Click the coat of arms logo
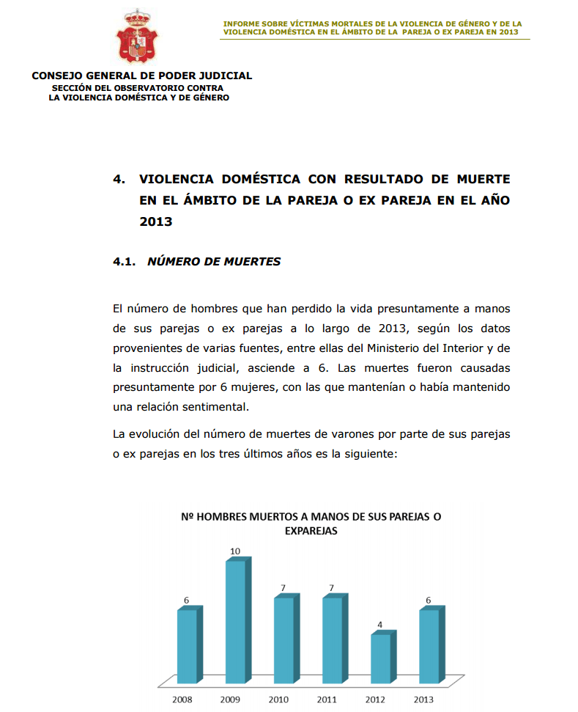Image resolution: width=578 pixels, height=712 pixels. tap(138, 36)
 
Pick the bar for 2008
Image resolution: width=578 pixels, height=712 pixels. tap(188, 646)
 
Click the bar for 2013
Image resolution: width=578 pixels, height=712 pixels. tap(429, 646)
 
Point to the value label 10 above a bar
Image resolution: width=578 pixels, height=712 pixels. tap(235, 551)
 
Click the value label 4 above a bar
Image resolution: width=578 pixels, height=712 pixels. tap(379, 625)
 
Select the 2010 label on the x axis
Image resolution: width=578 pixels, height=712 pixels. tap(278, 700)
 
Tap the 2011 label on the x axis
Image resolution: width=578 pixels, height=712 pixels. tap(327, 700)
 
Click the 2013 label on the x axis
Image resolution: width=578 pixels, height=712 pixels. tap(423, 700)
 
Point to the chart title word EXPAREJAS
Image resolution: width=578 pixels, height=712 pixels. tap(311, 531)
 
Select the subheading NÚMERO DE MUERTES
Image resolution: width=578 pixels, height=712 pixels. tap(214, 262)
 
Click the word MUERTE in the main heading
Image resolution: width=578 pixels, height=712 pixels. tap(479, 179)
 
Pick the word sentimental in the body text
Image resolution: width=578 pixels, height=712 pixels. tap(218, 405)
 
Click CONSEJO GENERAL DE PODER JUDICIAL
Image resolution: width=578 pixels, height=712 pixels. tap(142, 76)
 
